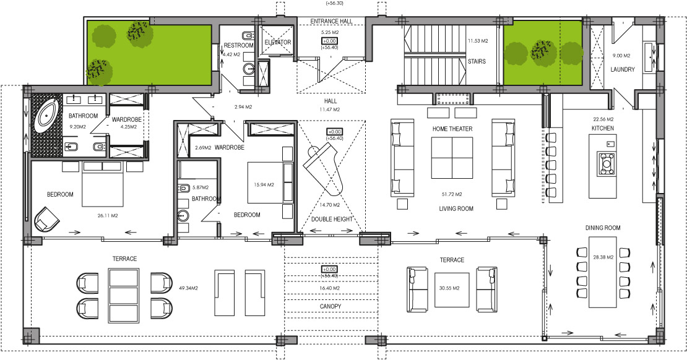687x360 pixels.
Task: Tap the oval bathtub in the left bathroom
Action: pyautogui.click(x=47, y=116)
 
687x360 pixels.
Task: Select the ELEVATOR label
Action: pyautogui.click(x=278, y=43)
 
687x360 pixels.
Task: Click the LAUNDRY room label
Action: pyautogui.click(x=623, y=69)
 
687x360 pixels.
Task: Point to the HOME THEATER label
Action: pyautogui.click(x=452, y=129)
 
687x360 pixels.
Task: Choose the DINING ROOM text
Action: pyautogui.click(x=603, y=228)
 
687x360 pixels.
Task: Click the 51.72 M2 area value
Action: pyautogui.click(x=452, y=194)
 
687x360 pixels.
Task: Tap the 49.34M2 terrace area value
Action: pyautogui.click(x=188, y=288)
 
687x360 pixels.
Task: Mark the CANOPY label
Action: pyautogui.click(x=331, y=306)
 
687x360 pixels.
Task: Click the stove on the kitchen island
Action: pyautogui.click(x=607, y=163)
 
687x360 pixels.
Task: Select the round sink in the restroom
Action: pyautogui.click(x=249, y=69)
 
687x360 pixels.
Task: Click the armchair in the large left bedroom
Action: pyautogui.click(x=46, y=219)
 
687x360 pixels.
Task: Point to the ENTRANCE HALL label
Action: pyautogui.click(x=331, y=21)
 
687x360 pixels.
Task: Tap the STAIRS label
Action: pyautogui.click(x=477, y=61)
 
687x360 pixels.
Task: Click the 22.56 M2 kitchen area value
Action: pyautogui.click(x=603, y=119)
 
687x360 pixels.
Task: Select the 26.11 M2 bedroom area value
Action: pyautogui.click(x=108, y=215)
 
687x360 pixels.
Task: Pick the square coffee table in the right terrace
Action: pyautogui.click(x=452, y=289)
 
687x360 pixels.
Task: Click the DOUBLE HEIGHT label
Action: pyautogui.click(x=332, y=219)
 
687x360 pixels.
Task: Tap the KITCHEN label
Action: pyautogui.click(x=603, y=128)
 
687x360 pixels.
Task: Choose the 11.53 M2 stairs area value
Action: pyautogui.click(x=478, y=41)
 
